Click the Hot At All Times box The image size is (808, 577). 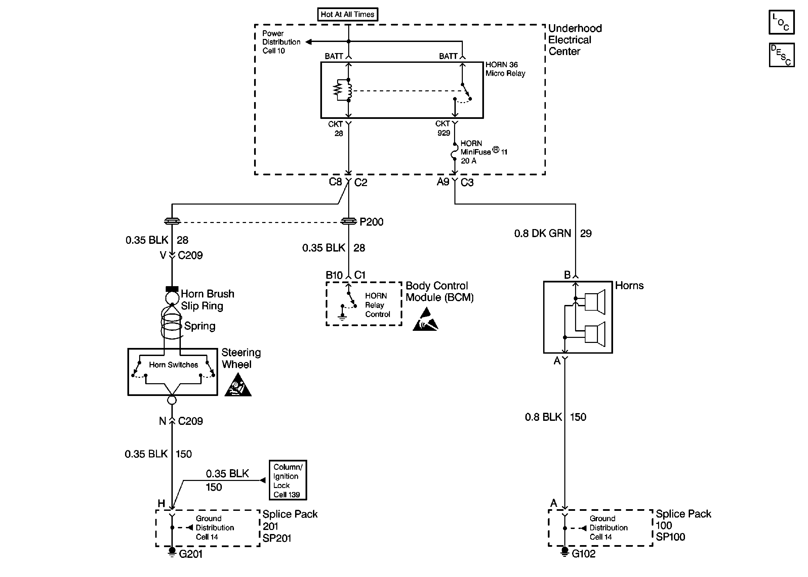(347, 14)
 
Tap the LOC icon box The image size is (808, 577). (781, 22)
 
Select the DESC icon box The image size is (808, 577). (781, 55)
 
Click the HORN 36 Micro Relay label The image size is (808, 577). (505, 69)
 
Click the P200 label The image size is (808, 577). (371, 222)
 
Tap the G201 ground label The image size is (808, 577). (191, 554)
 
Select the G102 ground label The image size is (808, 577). (583, 553)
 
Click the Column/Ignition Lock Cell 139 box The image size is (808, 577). (288, 480)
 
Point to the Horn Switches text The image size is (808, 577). (173, 365)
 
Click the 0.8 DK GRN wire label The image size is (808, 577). (542, 233)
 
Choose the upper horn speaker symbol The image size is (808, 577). (595, 302)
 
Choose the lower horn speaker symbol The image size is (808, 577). (595, 334)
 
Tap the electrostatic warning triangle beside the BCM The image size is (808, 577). (425, 320)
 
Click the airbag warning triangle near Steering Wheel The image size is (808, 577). (238, 386)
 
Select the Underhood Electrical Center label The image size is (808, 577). (574, 40)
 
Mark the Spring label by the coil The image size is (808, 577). (199, 326)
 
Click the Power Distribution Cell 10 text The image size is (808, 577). (281, 42)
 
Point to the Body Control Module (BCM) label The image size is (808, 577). (439, 291)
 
